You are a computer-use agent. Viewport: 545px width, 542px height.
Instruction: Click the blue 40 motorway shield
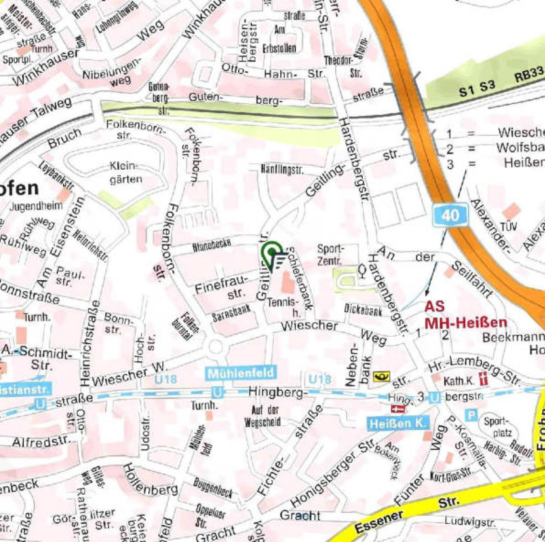tap(450, 215)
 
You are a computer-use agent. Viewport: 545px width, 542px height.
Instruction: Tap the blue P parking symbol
tap(471, 415)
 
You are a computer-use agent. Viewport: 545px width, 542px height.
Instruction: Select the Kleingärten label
tap(126, 172)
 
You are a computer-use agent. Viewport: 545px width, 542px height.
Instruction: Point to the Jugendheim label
tap(36, 206)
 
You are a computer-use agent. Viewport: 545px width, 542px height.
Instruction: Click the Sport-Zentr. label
tap(330, 255)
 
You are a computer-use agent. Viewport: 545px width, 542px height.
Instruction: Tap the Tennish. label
tap(283, 306)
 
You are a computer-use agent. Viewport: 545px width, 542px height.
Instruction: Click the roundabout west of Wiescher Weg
tap(216, 347)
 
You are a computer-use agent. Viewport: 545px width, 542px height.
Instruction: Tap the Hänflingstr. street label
tap(282, 169)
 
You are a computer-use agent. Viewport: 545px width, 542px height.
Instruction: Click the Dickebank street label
tap(363, 310)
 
